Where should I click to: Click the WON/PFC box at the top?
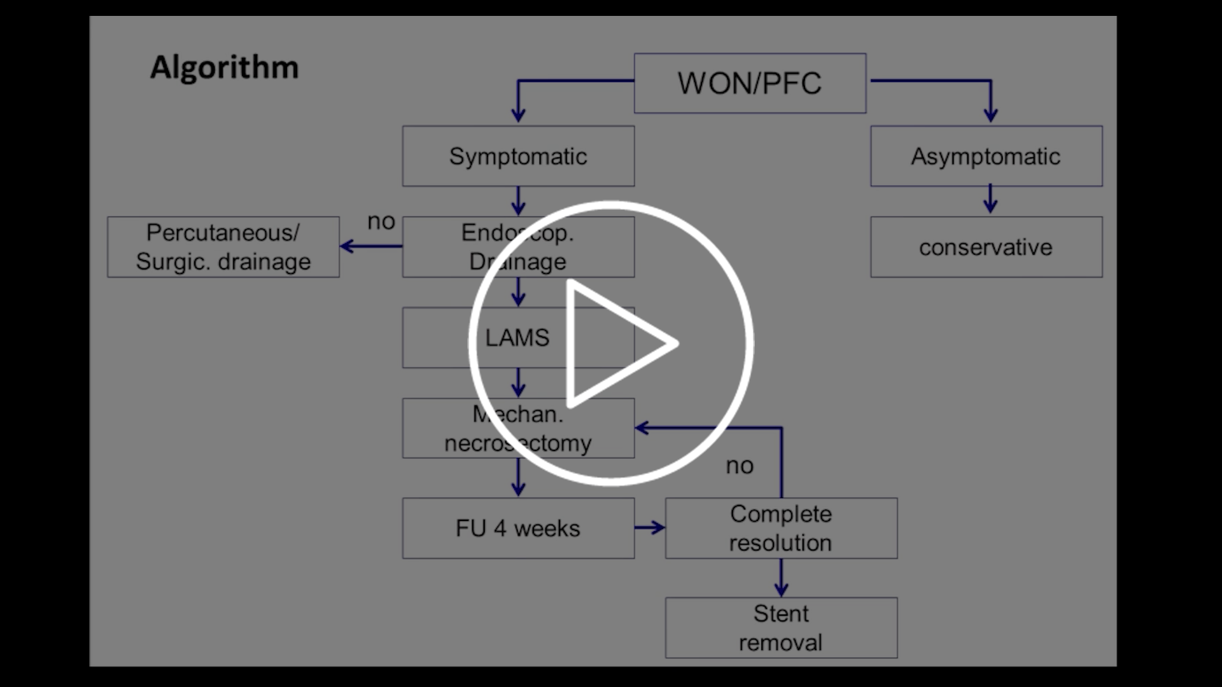point(750,83)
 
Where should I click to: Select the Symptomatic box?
point(518,156)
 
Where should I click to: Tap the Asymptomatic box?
point(986,156)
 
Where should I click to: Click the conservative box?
point(986,247)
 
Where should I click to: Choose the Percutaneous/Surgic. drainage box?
point(223,247)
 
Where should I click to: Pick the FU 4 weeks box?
point(518,529)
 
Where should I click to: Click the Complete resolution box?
point(781,529)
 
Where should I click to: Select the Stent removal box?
point(781,628)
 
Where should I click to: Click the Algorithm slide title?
point(224,67)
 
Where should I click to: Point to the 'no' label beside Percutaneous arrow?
point(381,222)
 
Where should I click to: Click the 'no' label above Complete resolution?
point(740,466)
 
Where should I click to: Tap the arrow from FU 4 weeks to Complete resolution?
point(650,527)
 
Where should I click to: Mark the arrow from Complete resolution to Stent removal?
point(781,578)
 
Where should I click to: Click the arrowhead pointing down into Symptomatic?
point(518,116)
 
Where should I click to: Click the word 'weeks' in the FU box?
point(547,529)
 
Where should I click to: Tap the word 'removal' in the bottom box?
point(780,643)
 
